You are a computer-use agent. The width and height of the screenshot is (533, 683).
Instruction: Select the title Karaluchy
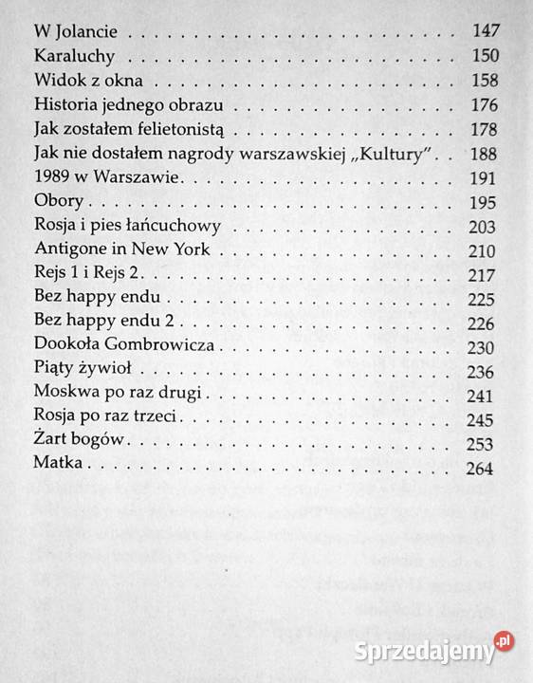pos(71,56)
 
